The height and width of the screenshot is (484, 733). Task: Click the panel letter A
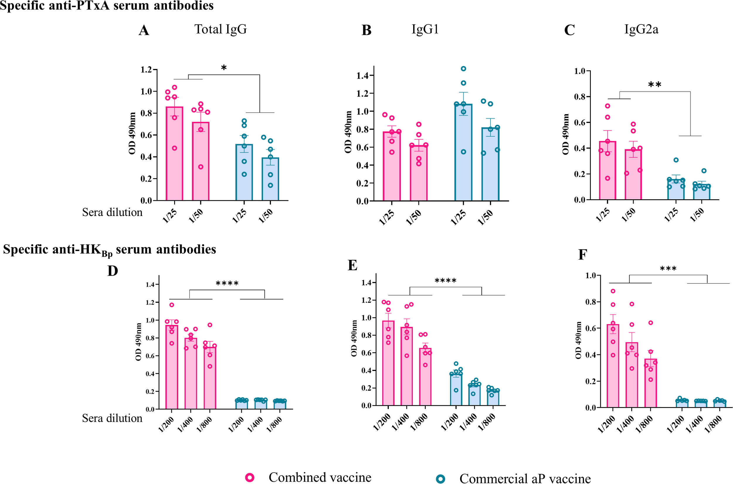pos(144,31)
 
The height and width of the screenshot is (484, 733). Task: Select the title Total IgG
pos(220,29)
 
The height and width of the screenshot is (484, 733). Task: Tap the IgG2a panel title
pos(641,29)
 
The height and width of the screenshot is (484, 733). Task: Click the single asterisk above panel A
pos(224,68)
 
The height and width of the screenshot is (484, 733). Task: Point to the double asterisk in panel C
pos(654,85)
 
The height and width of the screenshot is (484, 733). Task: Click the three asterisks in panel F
pos(668,269)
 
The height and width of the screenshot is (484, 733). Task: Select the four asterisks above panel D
pos(227,283)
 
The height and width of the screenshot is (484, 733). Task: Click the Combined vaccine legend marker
pos(250,477)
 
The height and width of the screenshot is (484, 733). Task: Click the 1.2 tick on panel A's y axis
pos(147,70)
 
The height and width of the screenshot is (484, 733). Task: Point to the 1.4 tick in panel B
pos(363,76)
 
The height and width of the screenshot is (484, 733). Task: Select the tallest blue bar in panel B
pos(463,153)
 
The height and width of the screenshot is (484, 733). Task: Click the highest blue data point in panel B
pos(463,68)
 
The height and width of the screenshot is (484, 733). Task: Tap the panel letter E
pos(352,265)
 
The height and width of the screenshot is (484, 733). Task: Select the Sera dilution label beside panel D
pos(112,418)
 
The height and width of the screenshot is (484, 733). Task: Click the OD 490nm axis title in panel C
pos(566,134)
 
